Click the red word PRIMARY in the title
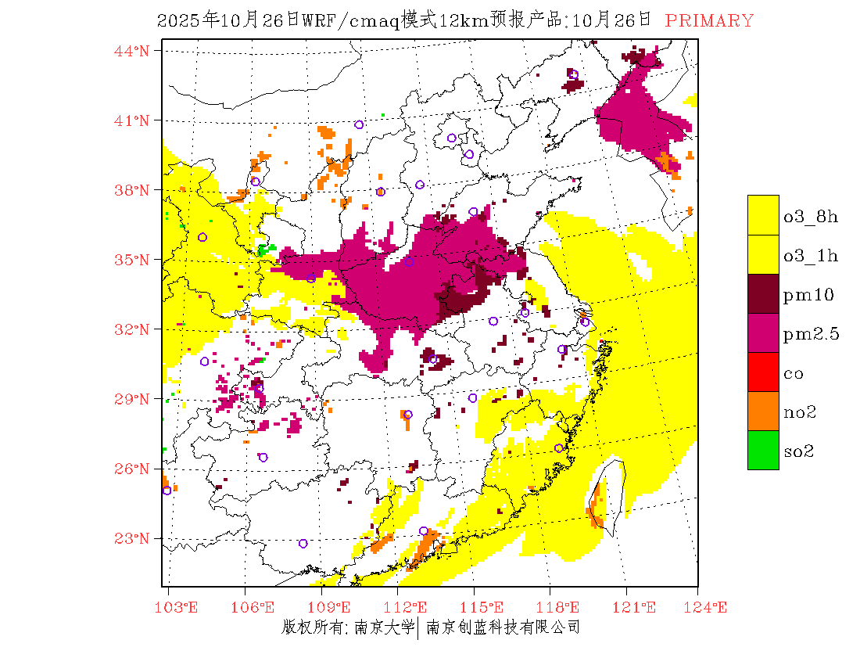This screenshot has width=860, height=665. (709, 21)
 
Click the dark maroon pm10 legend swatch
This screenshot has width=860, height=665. (763, 293)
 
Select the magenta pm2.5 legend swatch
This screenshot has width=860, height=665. (763, 332)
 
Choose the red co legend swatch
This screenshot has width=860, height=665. (763, 372)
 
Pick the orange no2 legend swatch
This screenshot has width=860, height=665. (763, 411)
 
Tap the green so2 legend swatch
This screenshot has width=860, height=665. (763, 450)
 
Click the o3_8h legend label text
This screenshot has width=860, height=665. (811, 217)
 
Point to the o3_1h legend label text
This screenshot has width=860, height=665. (811, 256)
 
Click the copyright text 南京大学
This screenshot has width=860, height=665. (383, 627)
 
